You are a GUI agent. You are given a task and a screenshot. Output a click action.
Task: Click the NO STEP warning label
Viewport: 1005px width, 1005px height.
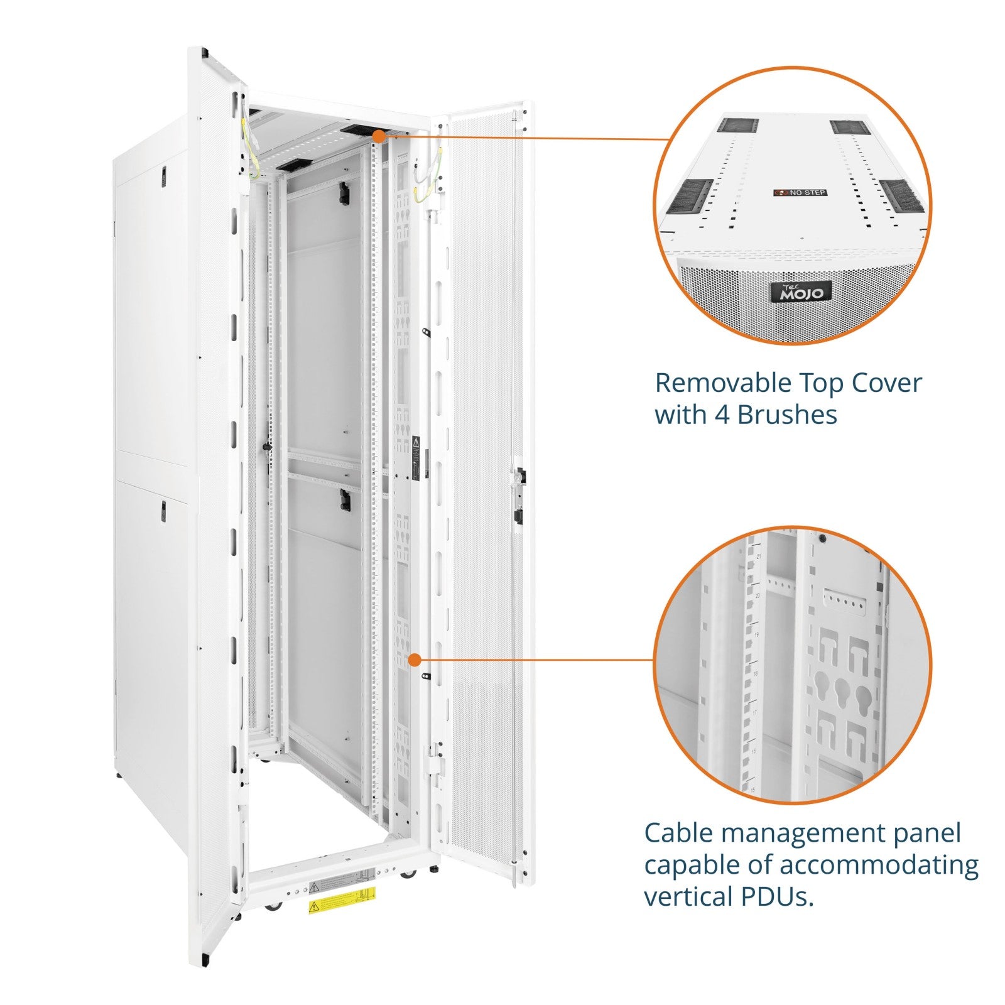click(800, 192)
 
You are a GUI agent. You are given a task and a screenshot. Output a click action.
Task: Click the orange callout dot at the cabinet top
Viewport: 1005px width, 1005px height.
click(379, 135)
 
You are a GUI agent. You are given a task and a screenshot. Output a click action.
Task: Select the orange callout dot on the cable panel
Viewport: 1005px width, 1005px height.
click(414, 660)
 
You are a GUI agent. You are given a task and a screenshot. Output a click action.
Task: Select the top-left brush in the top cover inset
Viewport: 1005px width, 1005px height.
click(738, 125)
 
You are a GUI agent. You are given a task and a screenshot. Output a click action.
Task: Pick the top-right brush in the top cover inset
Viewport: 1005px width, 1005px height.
click(849, 128)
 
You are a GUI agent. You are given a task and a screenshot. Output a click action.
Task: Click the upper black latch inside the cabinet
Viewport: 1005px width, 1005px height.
click(344, 192)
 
